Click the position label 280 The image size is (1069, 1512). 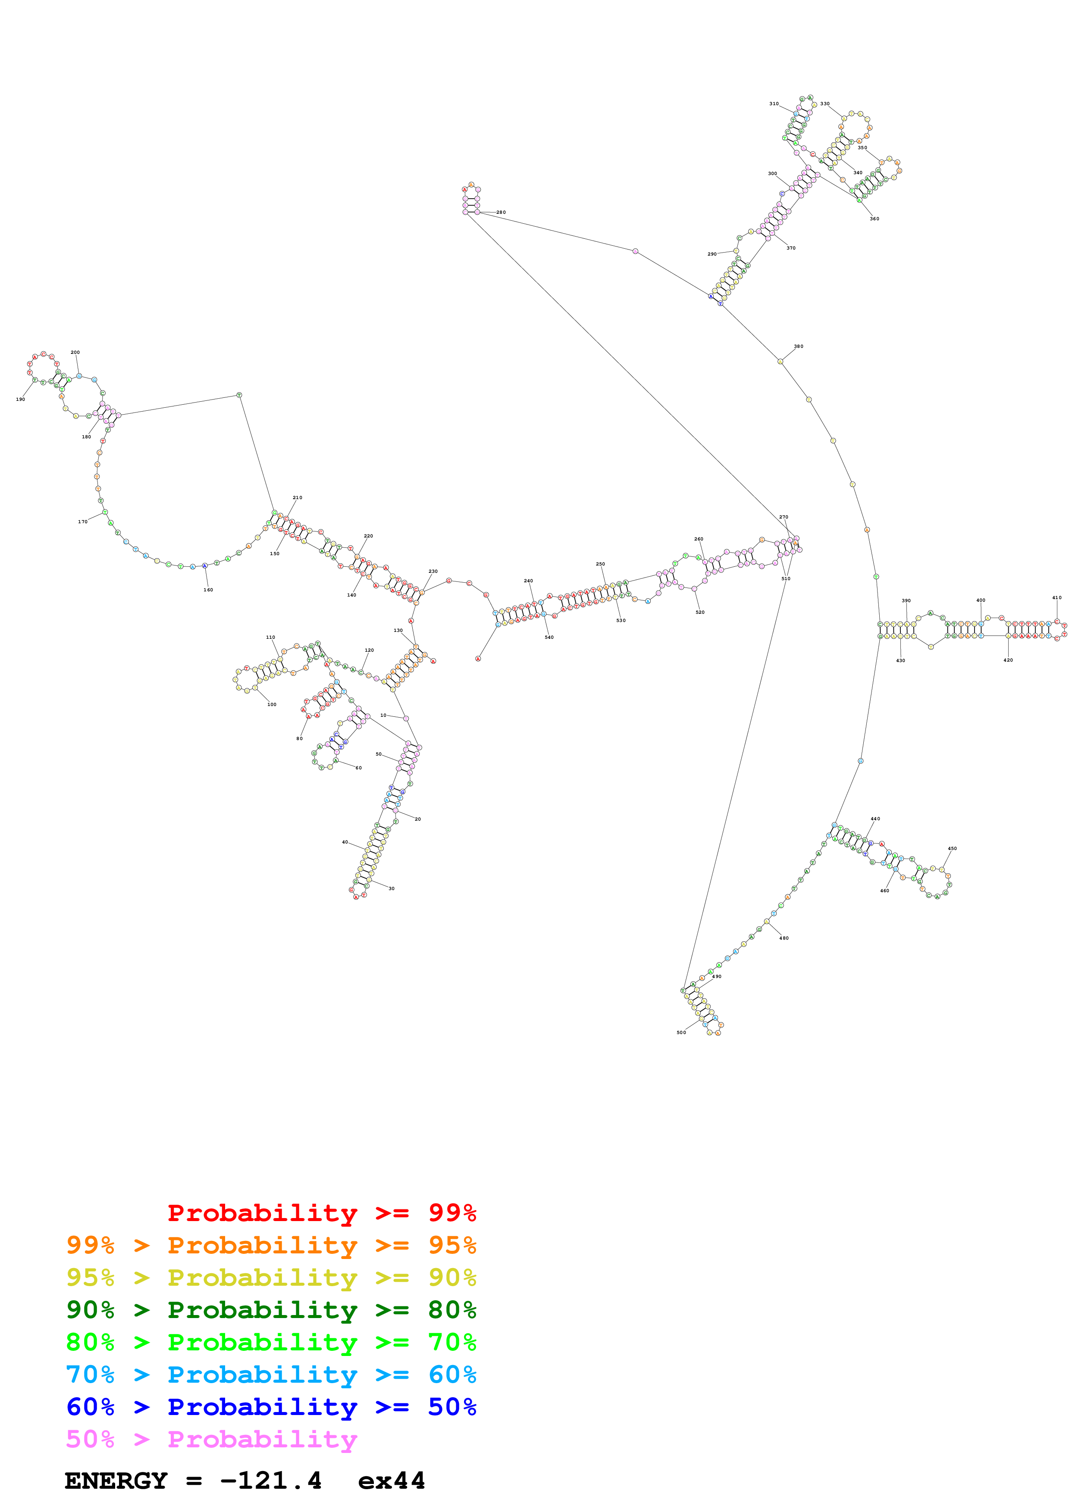(x=501, y=213)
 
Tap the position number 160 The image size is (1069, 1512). (x=208, y=590)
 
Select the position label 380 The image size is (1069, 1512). (x=798, y=347)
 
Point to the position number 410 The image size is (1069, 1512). (x=1056, y=598)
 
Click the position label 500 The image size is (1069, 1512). (x=681, y=1033)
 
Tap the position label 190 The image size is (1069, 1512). (x=20, y=400)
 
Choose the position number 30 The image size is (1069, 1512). (x=391, y=889)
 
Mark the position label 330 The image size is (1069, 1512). (x=824, y=104)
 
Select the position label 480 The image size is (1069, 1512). (x=784, y=938)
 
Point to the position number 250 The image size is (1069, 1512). (x=600, y=564)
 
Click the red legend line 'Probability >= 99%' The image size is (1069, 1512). (x=321, y=1213)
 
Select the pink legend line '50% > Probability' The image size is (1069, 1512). (x=211, y=1440)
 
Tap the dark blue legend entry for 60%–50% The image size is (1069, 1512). (x=271, y=1407)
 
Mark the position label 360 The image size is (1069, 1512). (x=874, y=219)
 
